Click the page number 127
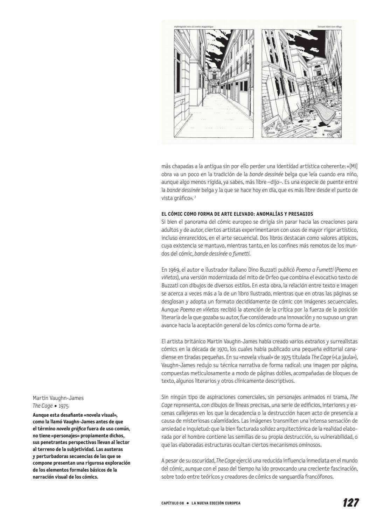click(x=350, y=503)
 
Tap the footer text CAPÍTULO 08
click(x=172, y=503)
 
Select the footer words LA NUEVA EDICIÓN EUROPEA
click(x=216, y=503)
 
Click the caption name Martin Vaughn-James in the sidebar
click(x=58, y=398)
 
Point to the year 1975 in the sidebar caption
click(x=64, y=406)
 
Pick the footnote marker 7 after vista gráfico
click(x=195, y=198)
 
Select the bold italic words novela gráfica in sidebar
click(x=71, y=429)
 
